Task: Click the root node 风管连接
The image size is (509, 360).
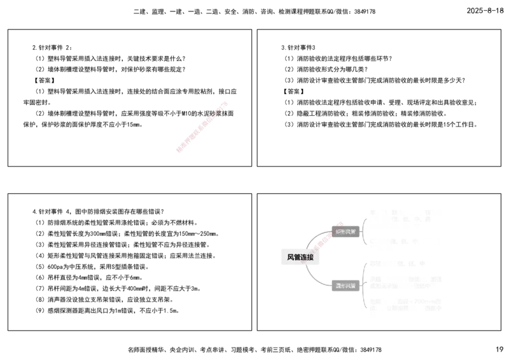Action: [300, 257]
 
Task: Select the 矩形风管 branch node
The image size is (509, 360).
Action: [346, 232]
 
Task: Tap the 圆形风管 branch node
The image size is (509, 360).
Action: [345, 286]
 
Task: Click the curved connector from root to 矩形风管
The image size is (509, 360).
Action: [316, 237]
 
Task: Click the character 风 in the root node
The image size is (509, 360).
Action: [291, 257]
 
